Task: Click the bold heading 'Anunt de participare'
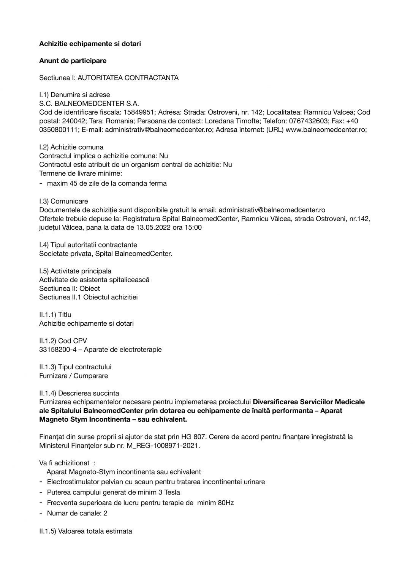(73, 61)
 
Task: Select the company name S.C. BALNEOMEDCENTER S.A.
(89, 103)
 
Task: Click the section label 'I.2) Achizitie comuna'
(71, 147)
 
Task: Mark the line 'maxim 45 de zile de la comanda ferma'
(106, 183)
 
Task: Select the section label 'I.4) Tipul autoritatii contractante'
(88, 245)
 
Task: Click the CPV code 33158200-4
(57, 350)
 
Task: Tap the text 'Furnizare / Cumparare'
(73, 376)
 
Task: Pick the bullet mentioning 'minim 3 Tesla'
(113, 492)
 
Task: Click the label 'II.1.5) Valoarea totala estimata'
(85, 531)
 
